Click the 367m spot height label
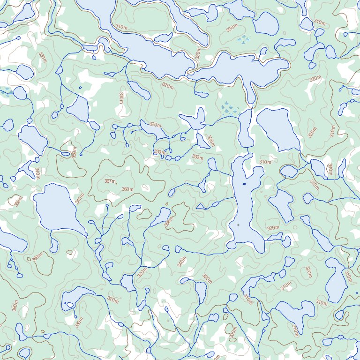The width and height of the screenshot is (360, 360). [x=110, y=181]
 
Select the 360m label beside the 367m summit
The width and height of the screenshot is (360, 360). [x=127, y=189]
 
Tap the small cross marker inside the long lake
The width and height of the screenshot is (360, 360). [x=238, y=225]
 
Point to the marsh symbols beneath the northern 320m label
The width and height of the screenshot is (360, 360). [x=243, y=40]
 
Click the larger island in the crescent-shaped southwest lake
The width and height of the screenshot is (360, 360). [x=70, y=305]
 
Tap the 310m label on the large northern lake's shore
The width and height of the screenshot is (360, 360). [x=121, y=27]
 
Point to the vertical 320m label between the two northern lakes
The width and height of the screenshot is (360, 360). [x=198, y=52]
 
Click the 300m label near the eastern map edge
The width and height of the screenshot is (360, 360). [x=330, y=169]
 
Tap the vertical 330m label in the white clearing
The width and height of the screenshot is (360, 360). [x=121, y=98]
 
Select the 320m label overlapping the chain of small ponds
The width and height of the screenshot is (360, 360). [x=155, y=125]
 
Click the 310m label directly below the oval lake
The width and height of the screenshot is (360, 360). [x=265, y=162]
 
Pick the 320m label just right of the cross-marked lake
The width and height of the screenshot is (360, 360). [x=273, y=228]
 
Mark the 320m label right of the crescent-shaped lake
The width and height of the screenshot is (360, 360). [x=112, y=299]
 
